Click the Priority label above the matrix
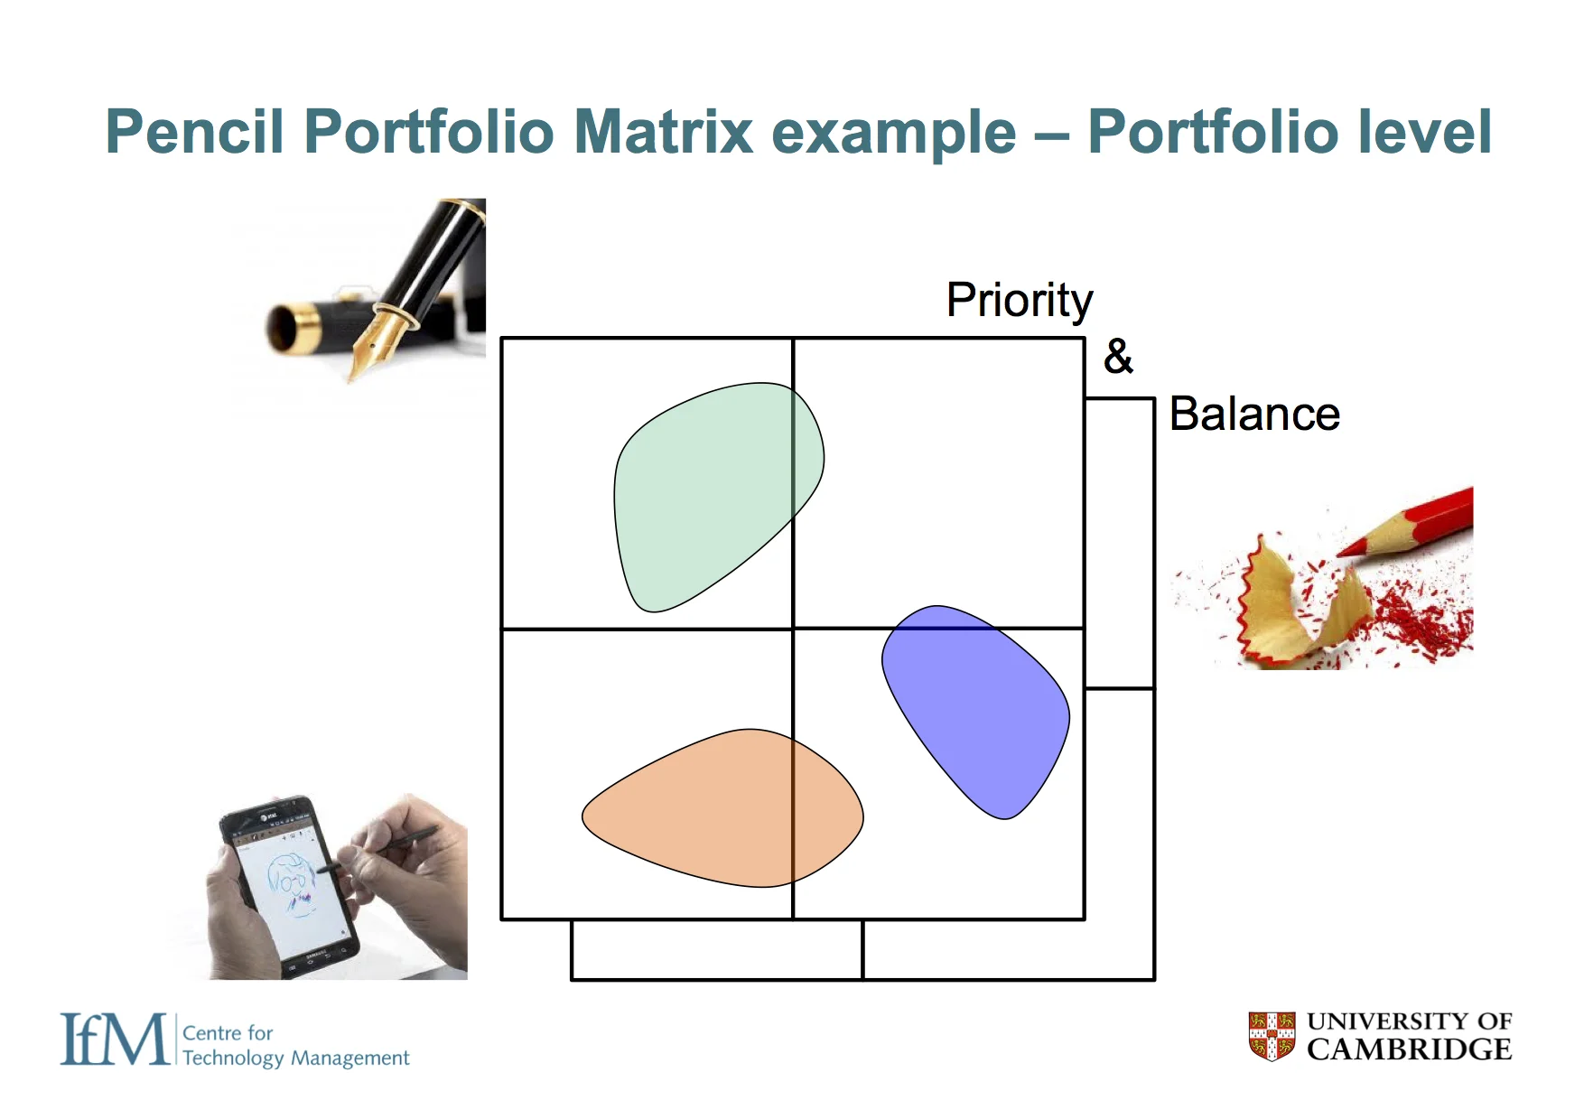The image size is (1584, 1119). [1019, 301]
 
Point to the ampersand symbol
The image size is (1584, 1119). [1118, 357]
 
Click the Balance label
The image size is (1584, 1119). [1253, 415]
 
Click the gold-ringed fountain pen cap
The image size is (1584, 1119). [294, 327]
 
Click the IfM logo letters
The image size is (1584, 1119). [114, 1040]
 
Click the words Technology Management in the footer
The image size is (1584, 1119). [295, 1058]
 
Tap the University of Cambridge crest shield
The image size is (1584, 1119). [1272, 1036]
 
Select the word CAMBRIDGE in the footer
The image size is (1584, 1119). [1408, 1049]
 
